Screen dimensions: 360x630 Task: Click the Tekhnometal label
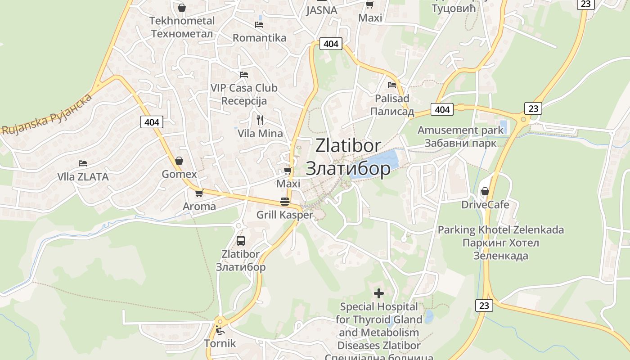182,21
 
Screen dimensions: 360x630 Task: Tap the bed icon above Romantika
259,24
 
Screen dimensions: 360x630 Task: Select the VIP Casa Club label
244,88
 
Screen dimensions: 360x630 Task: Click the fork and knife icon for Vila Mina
260,120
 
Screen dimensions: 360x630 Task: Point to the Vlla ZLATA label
83,177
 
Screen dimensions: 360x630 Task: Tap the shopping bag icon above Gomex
179,161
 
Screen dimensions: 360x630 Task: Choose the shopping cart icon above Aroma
199,193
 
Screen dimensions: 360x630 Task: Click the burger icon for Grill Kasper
284,201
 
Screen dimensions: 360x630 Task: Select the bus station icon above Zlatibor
241,241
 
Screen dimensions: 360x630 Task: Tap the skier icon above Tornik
220,331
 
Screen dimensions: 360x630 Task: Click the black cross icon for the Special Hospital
379,293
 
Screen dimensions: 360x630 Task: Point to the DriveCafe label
485,205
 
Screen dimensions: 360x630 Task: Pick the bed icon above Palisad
392,85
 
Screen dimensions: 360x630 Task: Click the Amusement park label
460,130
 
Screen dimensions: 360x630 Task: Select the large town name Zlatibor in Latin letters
348,145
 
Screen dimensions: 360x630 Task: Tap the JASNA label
321,10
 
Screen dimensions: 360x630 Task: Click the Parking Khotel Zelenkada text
500,230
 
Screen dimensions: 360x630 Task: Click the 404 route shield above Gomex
152,122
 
